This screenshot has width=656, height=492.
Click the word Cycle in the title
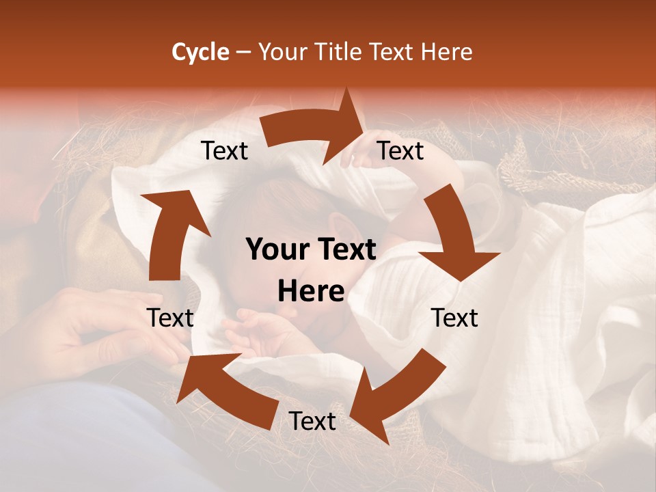pyautogui.click(x=200, y=52)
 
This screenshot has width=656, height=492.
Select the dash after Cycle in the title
pyautogui.click(x=243, y=52)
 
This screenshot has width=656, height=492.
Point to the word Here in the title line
pyautogui.click(x=448, y=52)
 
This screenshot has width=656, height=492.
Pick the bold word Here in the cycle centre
pyautogui.click(x=311, y=292)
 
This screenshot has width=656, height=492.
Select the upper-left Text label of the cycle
pyautogui.click(x=224, y=151)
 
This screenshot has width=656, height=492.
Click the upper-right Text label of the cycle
pyautogui.click(x=400, y=151)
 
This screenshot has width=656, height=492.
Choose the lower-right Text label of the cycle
pyautogui.click(x=454, y=318)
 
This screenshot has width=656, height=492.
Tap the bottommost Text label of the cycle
pyautogui.click(x=312, y=422)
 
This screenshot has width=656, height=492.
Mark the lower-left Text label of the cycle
pyautogui.click(x=170, y=318)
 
